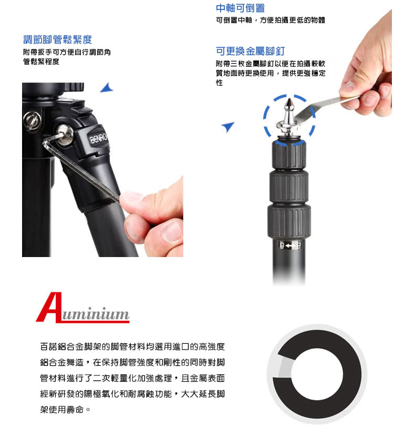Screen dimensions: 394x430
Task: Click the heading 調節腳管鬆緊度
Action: pos(58,39)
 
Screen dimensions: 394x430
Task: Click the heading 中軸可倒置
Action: pos(240,8)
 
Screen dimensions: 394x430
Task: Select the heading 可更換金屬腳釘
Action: pos(250,51)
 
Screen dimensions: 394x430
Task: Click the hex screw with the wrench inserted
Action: pos(64,134)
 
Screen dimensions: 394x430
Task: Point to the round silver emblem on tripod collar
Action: pos(33,121)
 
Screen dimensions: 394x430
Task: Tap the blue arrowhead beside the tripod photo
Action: pos(107,88)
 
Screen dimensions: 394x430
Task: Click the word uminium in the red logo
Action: pos(96,313)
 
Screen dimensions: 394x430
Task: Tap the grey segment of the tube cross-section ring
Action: pos(285,367)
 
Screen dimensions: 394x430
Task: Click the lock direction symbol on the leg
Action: pos(289,245)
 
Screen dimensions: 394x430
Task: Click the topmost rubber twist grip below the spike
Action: pos(289,155)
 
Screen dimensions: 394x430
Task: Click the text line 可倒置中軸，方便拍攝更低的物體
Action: pos(271,20)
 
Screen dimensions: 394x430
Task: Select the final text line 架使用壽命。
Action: pos(65,409)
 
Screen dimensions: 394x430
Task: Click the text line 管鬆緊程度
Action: pos(41,62)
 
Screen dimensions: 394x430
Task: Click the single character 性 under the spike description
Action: pos(219,83)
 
